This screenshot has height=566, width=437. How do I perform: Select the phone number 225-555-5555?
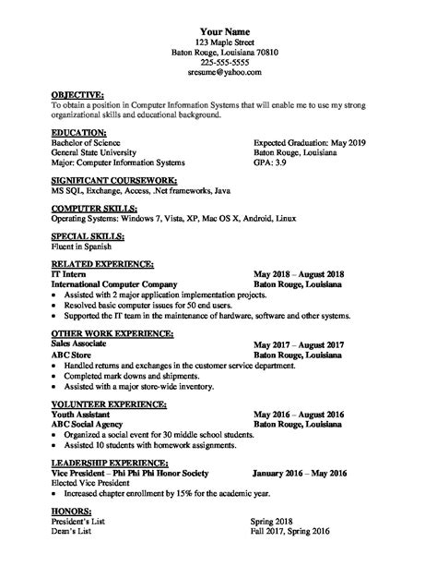[218, 61]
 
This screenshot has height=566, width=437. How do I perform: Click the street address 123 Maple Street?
[218, 42]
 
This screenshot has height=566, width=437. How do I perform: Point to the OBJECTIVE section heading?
[77, 95]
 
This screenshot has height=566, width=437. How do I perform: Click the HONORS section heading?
[72, 511]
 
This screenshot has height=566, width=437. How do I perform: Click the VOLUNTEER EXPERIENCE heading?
[110, 403]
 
